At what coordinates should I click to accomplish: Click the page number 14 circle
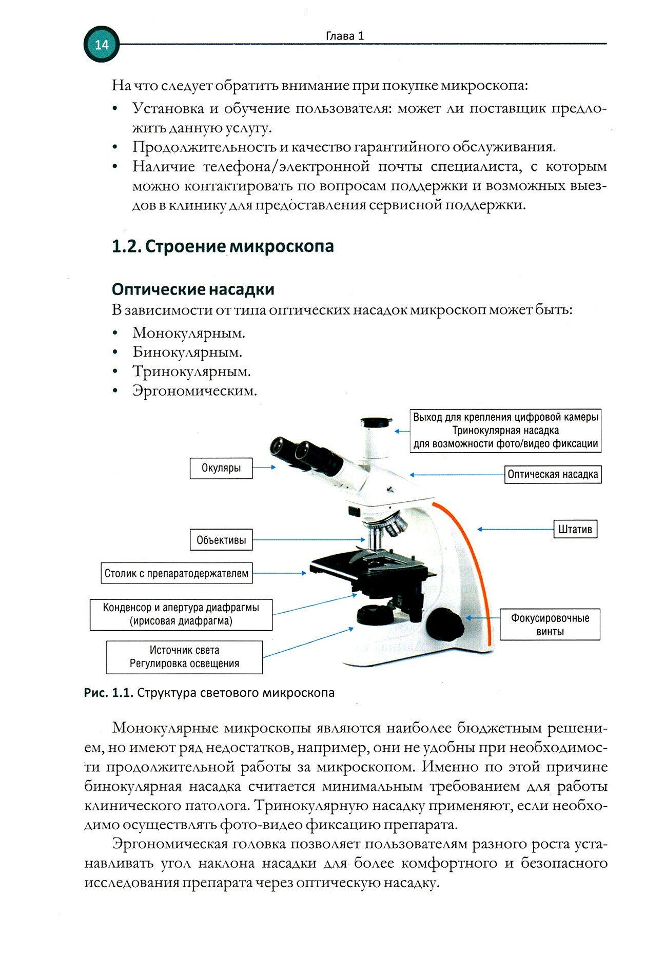point(102,45)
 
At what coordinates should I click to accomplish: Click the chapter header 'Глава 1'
point(345,36)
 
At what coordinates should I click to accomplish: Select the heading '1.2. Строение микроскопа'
point(223,246)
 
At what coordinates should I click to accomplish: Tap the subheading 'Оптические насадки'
point(193,289)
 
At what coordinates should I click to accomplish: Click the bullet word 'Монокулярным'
point(189,333)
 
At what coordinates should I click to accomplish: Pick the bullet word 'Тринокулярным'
point(191,372)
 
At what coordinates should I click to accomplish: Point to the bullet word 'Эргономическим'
point(194,391)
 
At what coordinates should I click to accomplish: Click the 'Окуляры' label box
point(221,468)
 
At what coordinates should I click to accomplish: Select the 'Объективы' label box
point(221,540)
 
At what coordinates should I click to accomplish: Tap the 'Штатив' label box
point(575,529)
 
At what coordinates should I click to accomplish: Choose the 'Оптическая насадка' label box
point(553,474)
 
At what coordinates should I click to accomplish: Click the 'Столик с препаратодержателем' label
point(177,573)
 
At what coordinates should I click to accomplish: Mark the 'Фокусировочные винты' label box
point(550,625)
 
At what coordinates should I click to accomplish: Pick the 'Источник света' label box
point(184,657)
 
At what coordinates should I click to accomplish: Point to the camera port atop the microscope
point(377,424)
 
